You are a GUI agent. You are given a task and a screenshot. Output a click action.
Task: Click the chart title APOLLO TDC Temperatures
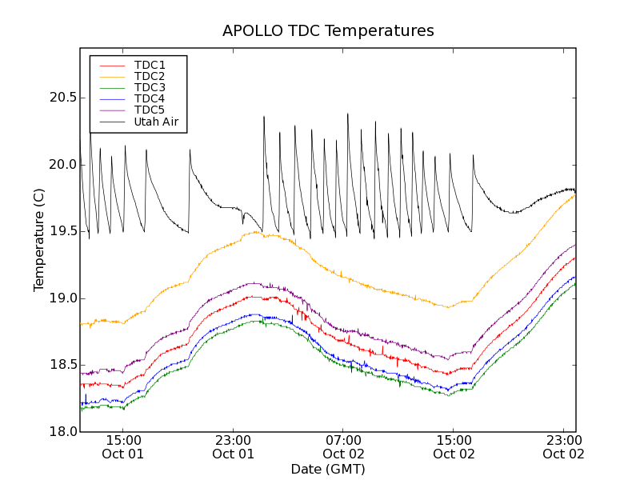(x=328, y=31)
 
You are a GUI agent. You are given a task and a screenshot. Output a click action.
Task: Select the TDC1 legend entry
(x=150, y=65)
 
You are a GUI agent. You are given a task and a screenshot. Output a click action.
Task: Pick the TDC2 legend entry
(x=150, y=76)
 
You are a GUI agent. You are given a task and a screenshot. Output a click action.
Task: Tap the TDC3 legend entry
(x=150, y=87)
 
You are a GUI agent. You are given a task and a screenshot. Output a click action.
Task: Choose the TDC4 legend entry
(x=150, y=98)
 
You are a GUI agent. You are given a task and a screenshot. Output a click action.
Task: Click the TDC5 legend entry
(x=150, y=110)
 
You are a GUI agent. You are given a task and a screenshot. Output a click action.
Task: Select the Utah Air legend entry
(x=156, y=122)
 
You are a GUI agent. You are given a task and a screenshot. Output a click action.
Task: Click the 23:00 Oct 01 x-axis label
(x=234, y=446)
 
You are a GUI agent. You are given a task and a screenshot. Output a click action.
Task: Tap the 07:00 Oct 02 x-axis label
(x=344, y=446)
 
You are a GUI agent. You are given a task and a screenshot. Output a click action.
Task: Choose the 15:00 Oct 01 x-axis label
(x=123, y=446)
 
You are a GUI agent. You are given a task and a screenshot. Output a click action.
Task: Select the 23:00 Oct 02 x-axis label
(x=565, y=446)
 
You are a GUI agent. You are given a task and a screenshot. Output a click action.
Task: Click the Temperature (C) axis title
(x=38, y=240)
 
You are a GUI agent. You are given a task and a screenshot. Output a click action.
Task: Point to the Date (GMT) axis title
(x=328, y=469)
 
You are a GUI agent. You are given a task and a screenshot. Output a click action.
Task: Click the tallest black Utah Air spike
(x=347, y=114)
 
